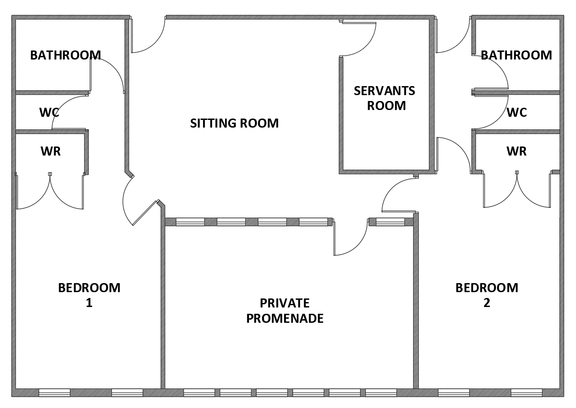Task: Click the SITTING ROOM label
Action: click(x=234, y=123)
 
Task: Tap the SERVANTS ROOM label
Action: click(x=384, y=98)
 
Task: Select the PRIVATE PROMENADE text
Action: click(x=285, y=311)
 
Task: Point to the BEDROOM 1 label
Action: click(x=89, y=295)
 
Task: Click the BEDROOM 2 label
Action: click(x=487, y=295)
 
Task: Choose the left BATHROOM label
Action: click(x=65, y=55)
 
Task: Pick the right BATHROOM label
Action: click(x=516, y=55)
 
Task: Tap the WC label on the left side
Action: click(x=49, y=112)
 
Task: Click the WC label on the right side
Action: click(x=516, y=112)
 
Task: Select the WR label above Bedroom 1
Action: click(x=51, y=151)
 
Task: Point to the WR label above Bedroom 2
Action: click(x=516, y=151)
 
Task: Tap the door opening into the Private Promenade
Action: click(x=350, y=239)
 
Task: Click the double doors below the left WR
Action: click(x=50, y=192)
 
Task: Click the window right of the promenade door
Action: click(x=390, y=222)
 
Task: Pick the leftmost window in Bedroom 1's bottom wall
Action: click(x=55, y=393)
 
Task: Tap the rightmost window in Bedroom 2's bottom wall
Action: click(x=526, y=393)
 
